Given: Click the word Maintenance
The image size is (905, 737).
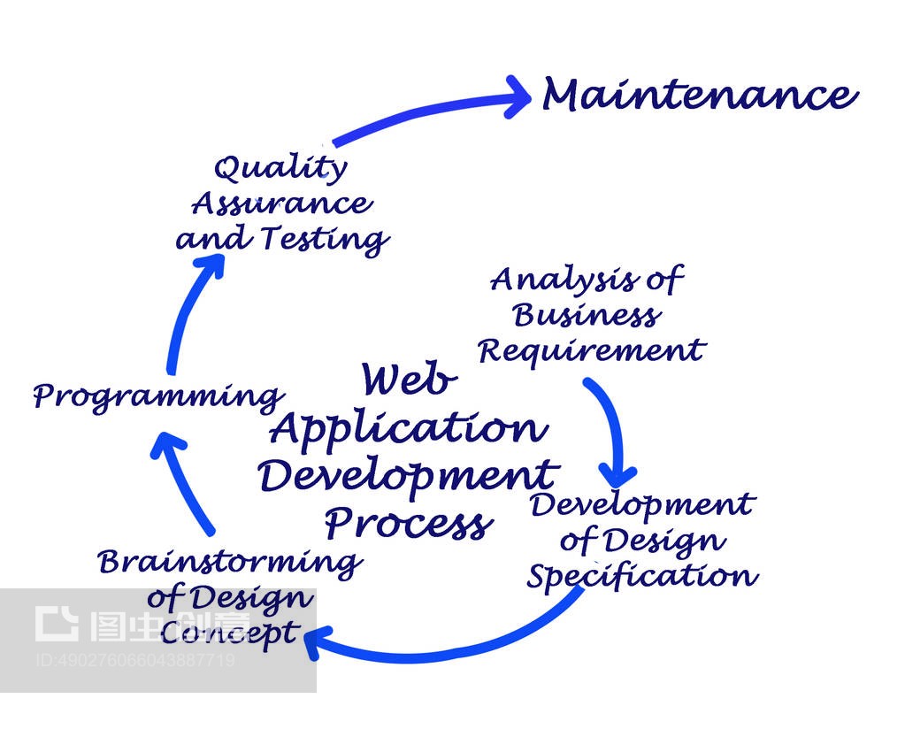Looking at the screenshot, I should pos(699,96).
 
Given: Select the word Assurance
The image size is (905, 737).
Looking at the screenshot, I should pos(281,203).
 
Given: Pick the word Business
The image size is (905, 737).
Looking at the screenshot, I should pos(587,315).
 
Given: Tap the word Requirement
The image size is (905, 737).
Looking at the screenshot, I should pos(591,350).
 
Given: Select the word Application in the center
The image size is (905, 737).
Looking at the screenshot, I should pos(409,429).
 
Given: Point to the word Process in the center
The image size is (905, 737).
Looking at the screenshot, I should pos(407,522).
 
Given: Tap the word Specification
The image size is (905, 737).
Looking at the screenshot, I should pos(643,576).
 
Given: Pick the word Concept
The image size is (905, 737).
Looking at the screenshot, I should pos(231,633).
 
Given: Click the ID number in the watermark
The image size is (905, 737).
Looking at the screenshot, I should pos(135,660).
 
